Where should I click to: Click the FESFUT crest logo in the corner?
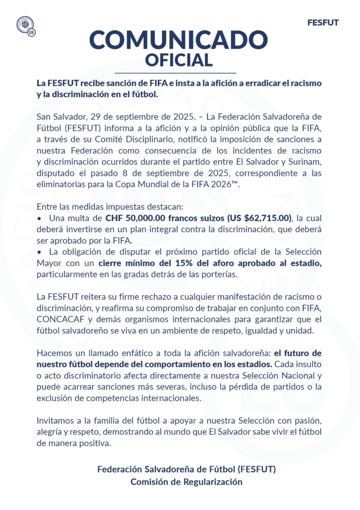coord(25,25)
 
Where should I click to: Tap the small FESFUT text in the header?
coord(323,22)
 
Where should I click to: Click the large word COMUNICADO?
coord(179,39)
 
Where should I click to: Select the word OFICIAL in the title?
coord(179,60)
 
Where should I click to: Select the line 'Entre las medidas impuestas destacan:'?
coord(104,207)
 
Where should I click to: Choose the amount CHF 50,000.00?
coord(136,218)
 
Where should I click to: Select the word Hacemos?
coord(53,353)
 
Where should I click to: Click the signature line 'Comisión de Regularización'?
coord(186,482)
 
